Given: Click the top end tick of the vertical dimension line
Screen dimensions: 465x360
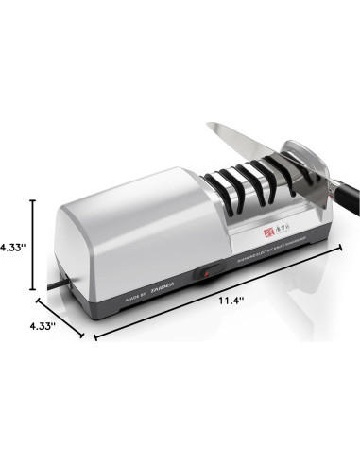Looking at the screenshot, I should pyautogui.click(x=34, y=200).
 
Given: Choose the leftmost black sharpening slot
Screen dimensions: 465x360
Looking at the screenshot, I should pyautogui.click(x=220, y=181).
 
